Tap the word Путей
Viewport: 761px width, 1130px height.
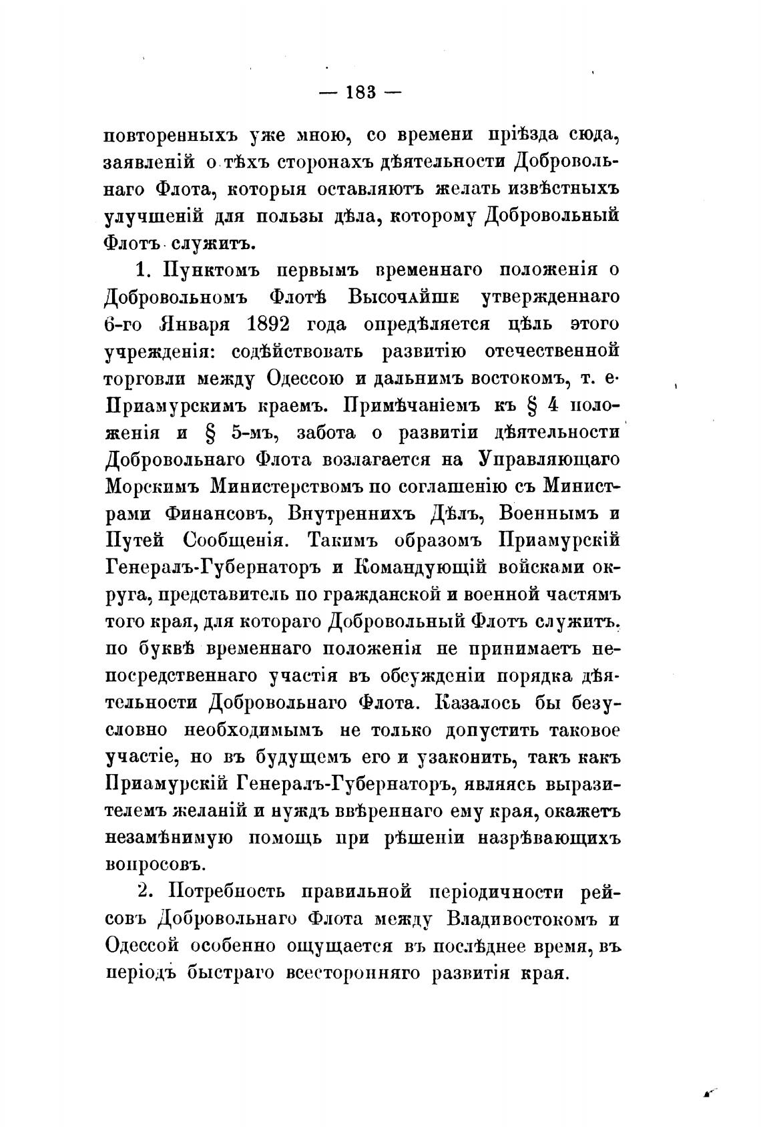[x=132, y=542]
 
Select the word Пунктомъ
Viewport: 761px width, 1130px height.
[x=208, y=269]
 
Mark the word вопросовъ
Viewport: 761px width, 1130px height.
[x=154, y=865]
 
